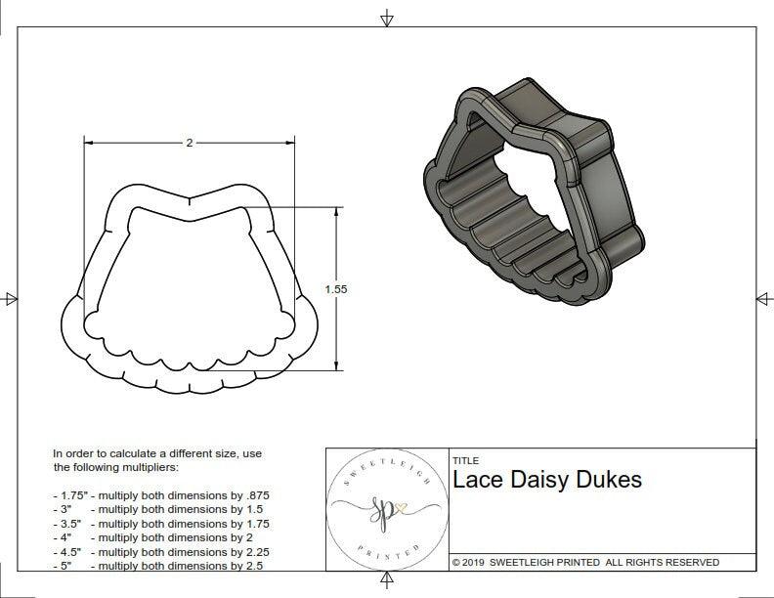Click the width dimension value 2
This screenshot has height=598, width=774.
pos(189,143)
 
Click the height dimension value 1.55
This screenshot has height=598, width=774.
pos(337,289)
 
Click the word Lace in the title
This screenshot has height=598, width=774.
pos(477,480)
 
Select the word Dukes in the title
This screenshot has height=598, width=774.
pos(611,480)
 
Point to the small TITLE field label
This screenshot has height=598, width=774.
pos(465,460)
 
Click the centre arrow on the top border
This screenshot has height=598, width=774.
pos(387,18)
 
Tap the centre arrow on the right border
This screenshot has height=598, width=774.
pos(762,299)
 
